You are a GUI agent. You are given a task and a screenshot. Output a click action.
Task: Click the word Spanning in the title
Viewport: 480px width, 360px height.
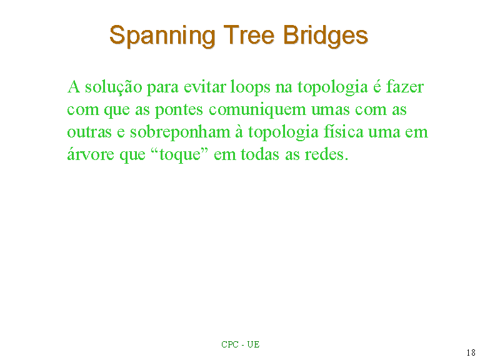(162, 36)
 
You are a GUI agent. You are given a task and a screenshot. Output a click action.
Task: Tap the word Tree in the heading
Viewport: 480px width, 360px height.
(249, 34)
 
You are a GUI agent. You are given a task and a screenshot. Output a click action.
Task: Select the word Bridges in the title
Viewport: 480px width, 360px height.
(326, 36)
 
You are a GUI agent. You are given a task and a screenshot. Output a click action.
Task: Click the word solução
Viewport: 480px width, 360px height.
(114, 87)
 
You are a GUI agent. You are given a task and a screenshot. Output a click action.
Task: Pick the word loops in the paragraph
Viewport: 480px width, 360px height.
(251, 87)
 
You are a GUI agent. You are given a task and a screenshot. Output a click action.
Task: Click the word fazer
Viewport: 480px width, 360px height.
(405, 86)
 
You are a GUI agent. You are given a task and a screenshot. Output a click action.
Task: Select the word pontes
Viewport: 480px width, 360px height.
(179, 110)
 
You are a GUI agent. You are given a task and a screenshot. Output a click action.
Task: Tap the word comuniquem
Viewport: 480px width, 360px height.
(257, 110)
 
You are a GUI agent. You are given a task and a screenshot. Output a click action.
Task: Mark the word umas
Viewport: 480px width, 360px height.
(330, 110)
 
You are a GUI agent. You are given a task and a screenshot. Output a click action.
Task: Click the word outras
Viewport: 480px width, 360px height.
(89, 132)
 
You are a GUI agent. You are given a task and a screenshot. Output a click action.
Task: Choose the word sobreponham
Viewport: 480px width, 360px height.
(180, 132)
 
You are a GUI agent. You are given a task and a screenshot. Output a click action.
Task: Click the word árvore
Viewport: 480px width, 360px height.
(91, 154)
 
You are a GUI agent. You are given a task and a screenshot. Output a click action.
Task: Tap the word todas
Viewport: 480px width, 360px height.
(260, 154)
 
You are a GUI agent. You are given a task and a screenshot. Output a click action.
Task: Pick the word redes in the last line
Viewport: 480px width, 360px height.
(326, 154)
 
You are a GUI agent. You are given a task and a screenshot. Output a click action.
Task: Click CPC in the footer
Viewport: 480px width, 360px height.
(230, 345)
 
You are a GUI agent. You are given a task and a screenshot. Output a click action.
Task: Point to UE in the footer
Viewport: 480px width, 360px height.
(254, 345)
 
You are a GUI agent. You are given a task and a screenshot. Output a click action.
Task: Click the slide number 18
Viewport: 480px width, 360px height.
(471, 352)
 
